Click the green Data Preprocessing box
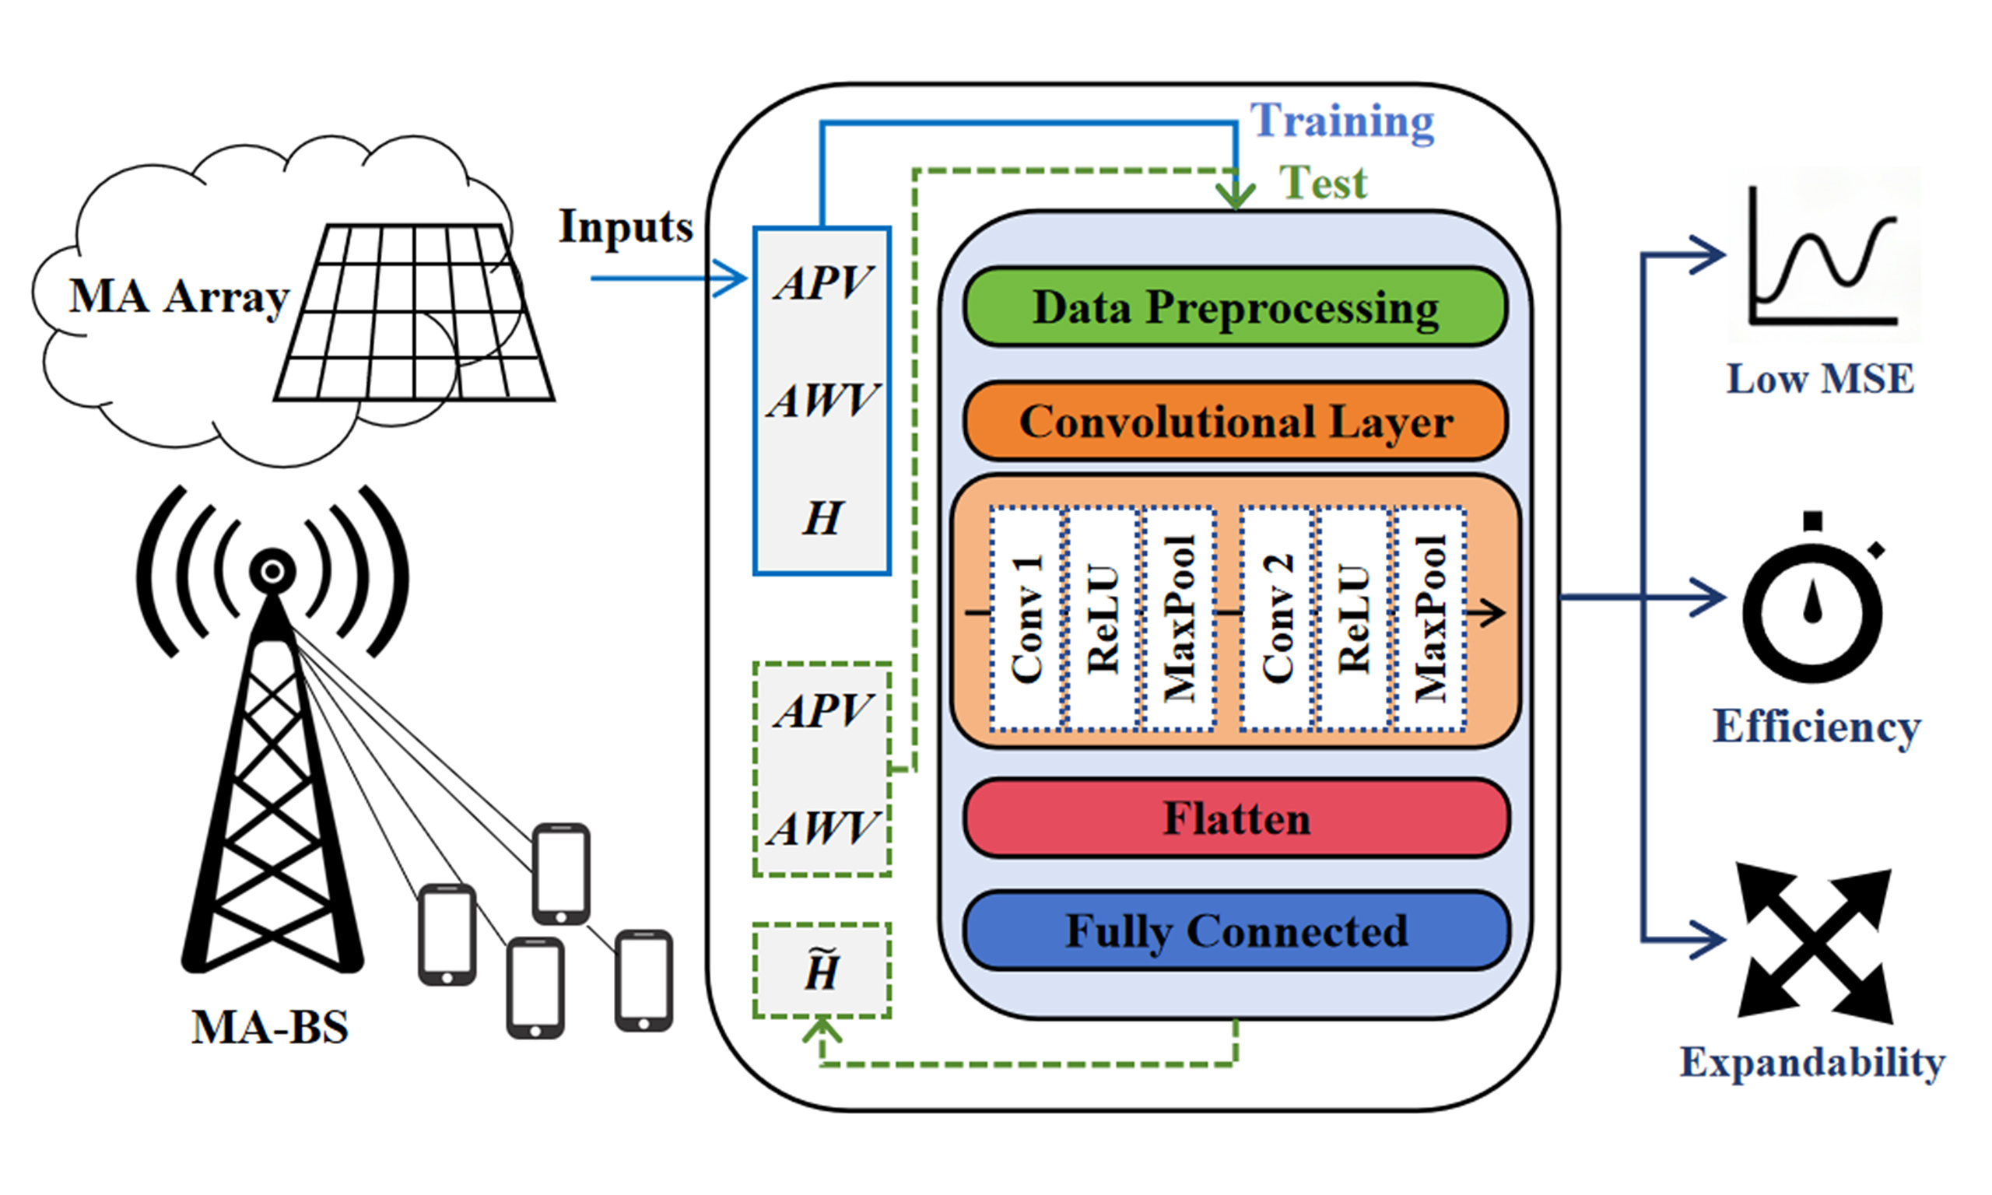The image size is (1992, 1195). pos(1235,307)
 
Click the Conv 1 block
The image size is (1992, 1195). pos(1026,619)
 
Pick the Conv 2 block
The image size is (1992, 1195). pos(1278,619)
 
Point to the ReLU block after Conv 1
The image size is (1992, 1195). pos(1103,619)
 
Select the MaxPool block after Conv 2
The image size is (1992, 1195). pos(1431,619)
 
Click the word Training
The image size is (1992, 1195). pos(1342,121)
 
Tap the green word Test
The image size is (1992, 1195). pos(1323,183)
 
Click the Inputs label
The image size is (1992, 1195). pos(626,227)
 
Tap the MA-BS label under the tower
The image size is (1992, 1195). pos(270,1028)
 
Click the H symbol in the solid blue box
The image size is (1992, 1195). pos(822,518)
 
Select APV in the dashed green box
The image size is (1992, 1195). pos(822,711)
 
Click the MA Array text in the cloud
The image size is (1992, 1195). pos(179,297)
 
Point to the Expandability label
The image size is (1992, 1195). pos(1812,1062)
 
